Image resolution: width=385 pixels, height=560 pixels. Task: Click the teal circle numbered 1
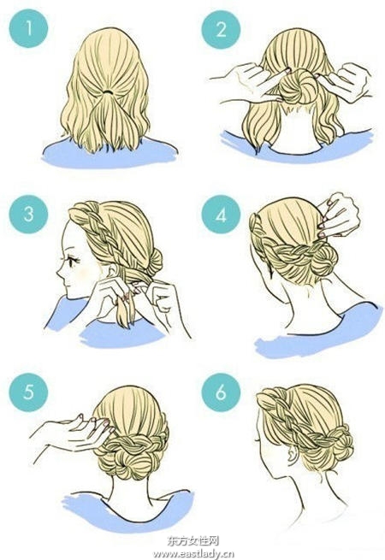(28, 28)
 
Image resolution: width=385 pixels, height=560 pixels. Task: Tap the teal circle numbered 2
(221, 29)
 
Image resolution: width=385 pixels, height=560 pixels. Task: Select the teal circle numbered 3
(28, 215)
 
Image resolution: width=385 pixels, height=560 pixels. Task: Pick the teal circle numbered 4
(221, 215)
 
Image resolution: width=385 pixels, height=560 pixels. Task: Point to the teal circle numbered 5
(28, 392)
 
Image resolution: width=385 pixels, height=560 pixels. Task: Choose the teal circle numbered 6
(221, 392)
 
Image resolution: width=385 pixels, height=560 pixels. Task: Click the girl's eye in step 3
(74, 261)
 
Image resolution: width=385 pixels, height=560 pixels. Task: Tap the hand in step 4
(339, 215)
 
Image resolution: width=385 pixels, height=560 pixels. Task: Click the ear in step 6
(293, 454)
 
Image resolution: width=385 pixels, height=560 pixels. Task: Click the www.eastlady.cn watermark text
(193, 554)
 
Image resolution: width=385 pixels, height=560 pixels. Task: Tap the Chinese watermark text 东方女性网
(192, 541)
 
